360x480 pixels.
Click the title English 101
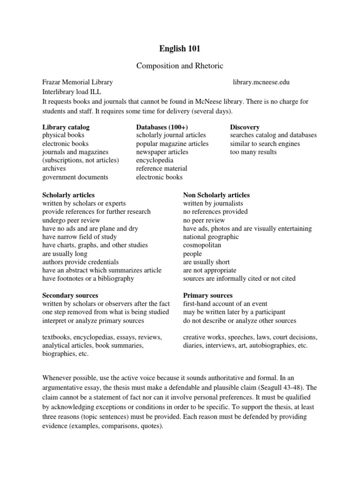tap(180, 48)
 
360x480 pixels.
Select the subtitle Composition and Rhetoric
tap(180, 66)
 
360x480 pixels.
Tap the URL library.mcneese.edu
tap(261, 82)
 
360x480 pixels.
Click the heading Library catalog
tap(66, 127)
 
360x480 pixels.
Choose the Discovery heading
tap(245, 127)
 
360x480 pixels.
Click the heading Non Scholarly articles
tap(216, 195)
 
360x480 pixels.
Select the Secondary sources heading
tap(70, 295)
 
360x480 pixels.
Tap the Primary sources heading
tap(208, 295)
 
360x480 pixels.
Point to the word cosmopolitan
tap(202, 245)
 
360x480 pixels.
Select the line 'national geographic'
tap(210, 237)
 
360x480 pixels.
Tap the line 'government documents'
tap(75, 177)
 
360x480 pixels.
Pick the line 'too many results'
tap(253, 152)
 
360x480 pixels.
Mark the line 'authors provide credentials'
tap(80, 262)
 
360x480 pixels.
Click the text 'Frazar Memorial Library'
tap(77, 82)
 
